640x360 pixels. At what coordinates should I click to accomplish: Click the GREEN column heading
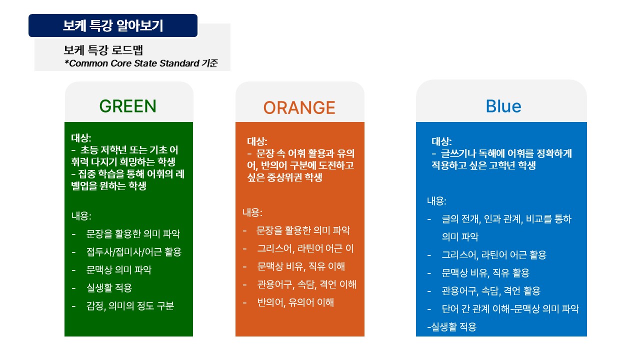127,106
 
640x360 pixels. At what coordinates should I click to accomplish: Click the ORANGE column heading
299,107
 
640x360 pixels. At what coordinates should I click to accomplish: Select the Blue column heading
503,106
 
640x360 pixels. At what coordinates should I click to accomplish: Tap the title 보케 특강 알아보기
113,25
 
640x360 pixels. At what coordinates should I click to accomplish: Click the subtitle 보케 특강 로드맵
103,50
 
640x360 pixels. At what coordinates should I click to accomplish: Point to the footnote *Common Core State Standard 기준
141,63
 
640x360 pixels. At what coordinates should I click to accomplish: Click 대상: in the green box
81,138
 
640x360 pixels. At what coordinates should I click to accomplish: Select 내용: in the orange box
252,212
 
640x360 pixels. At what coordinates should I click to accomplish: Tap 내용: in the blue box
436,201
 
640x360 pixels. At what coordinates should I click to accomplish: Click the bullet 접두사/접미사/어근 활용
133,252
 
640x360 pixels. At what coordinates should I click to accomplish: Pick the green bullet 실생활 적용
109,287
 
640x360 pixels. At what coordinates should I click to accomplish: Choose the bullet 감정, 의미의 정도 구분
130,306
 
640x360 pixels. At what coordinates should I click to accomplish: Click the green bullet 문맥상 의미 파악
119,270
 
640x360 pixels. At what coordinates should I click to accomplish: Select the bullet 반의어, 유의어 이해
295,302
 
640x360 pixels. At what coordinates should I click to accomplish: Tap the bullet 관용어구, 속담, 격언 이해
306,284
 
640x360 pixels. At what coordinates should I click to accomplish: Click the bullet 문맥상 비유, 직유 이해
301,266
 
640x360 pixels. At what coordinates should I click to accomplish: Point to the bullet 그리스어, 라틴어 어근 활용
494,255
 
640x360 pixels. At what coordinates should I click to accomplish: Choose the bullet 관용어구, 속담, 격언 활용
491,291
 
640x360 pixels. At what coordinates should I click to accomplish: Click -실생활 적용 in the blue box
451,327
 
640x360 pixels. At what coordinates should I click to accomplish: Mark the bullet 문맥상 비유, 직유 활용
485,273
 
